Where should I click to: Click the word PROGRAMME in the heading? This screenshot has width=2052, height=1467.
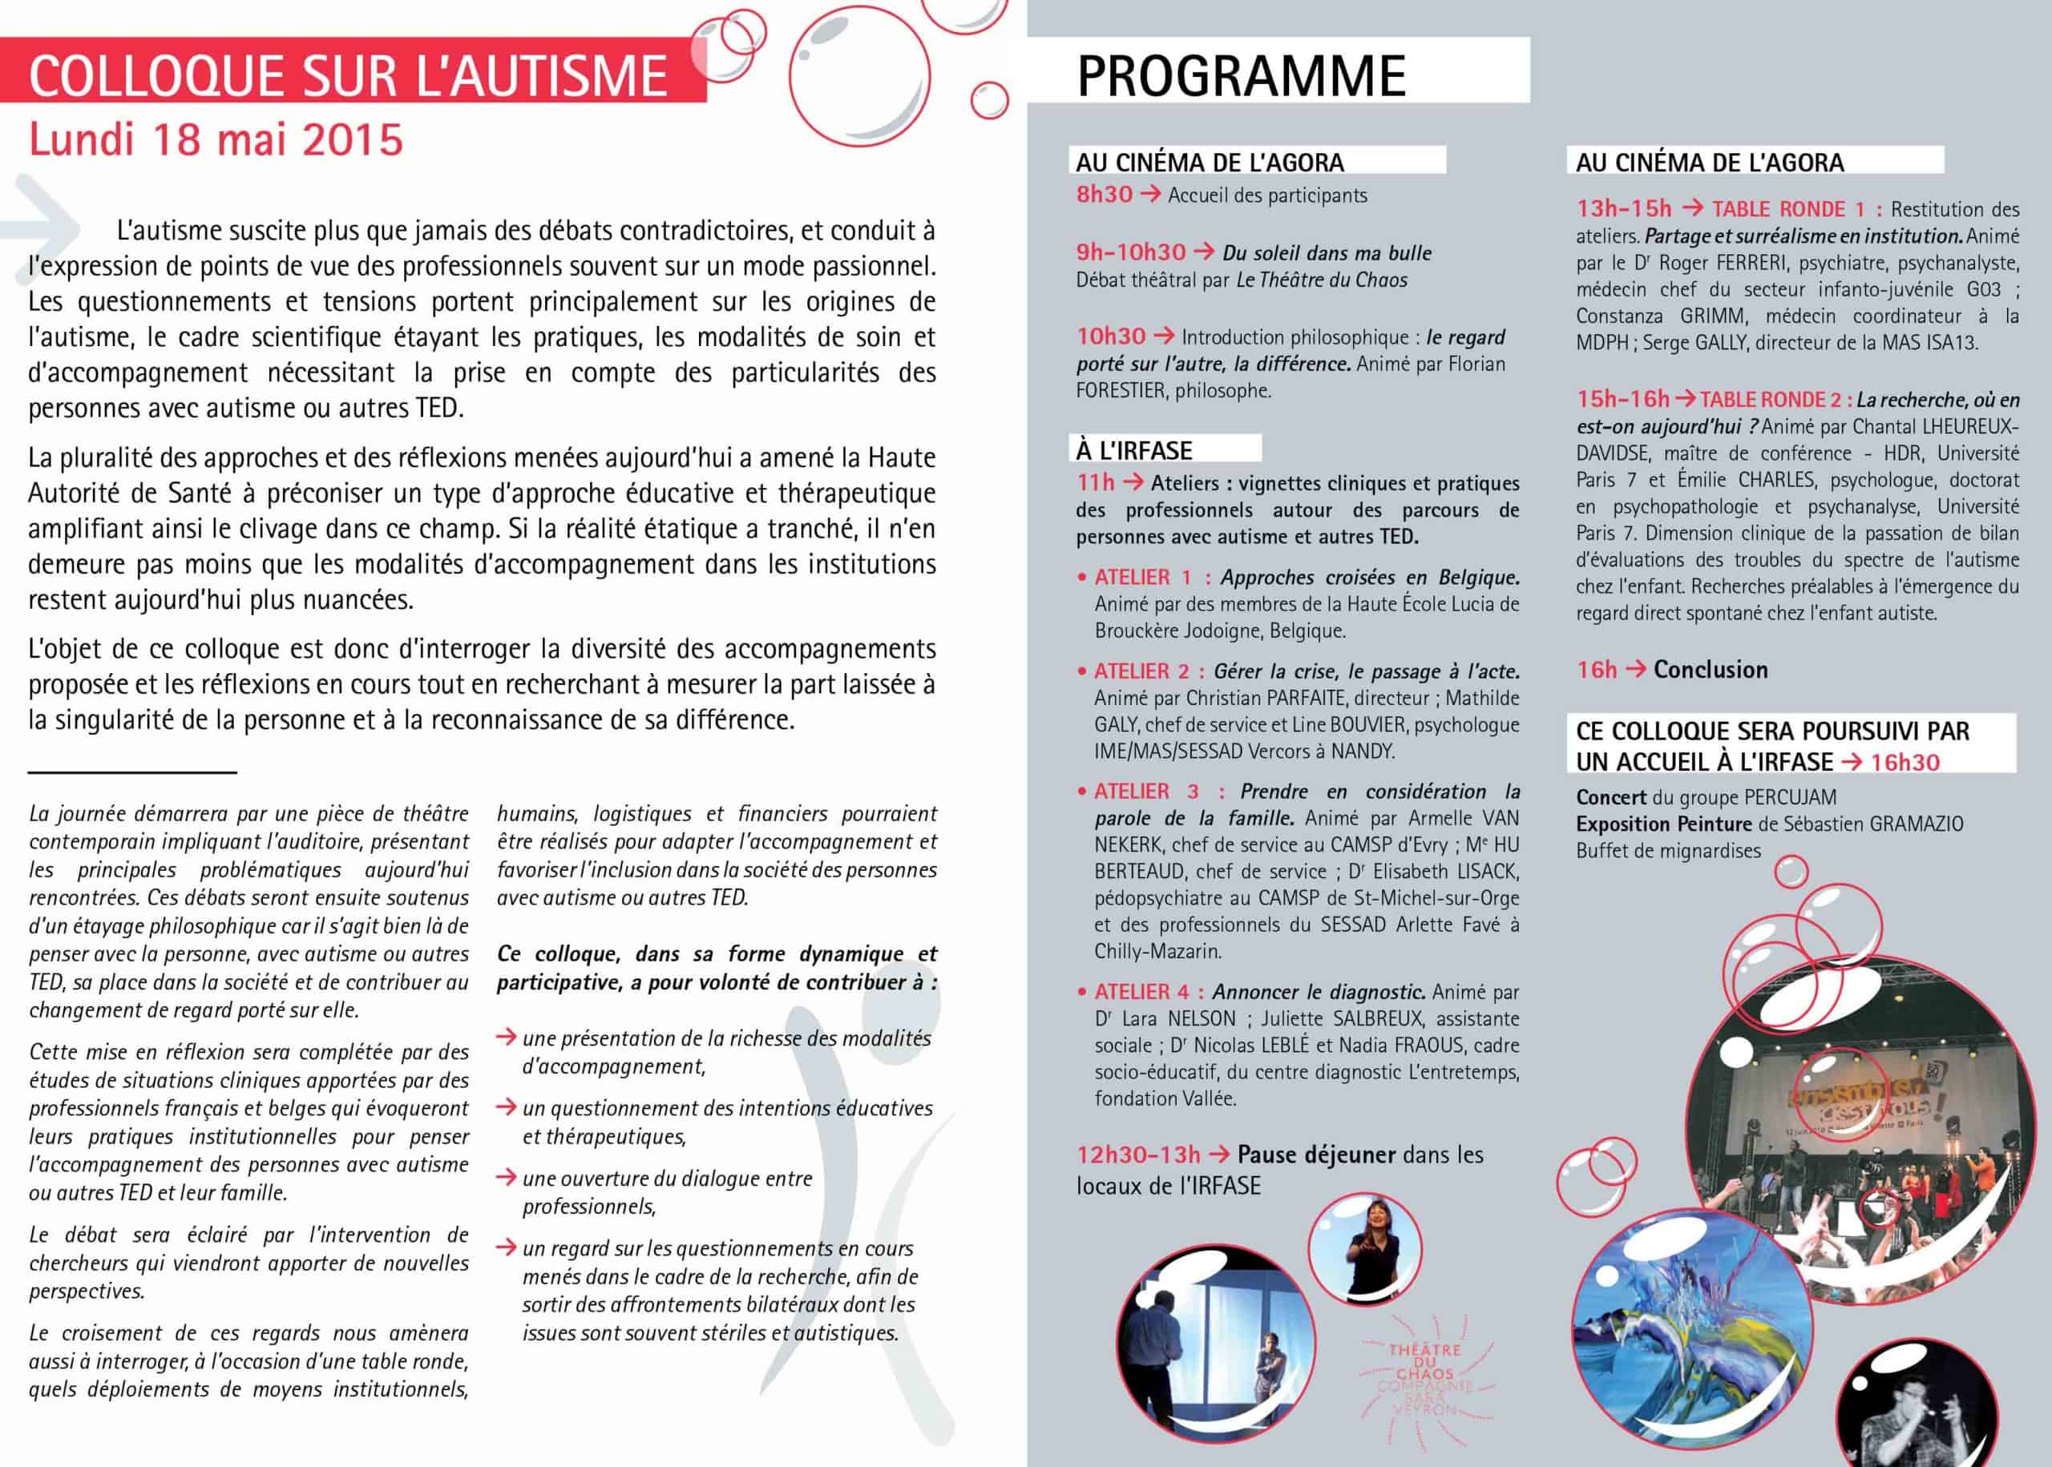point(1241,75)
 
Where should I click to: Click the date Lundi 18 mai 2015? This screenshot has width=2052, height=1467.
point(216,140)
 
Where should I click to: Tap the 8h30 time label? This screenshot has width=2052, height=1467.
point(1103,194)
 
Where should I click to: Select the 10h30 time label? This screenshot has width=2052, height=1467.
point(1110,336)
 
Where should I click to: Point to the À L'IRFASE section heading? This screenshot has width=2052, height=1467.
point(1134,449)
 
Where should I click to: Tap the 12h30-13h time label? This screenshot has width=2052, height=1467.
point(1137,1155)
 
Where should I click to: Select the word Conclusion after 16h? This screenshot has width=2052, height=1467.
point(1711,669)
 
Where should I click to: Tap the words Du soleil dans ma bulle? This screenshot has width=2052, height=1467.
point(1327,253)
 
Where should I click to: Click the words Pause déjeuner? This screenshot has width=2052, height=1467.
point(1316,1155)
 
